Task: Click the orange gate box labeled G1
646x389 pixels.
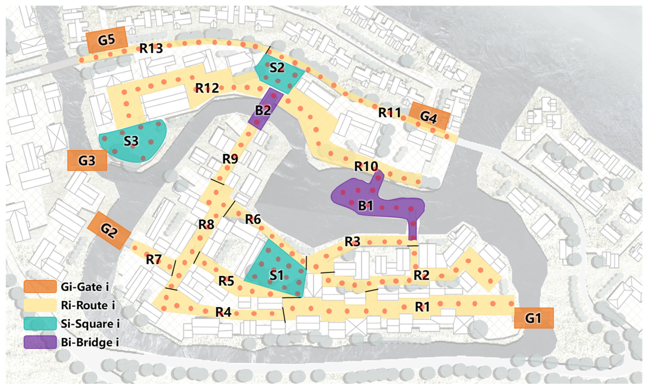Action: [x=534, y=318]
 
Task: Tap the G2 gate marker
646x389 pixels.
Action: [x=109, y=230]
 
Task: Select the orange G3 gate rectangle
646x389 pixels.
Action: [x=87, y=160]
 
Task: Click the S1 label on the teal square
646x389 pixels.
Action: [x=276, y=275]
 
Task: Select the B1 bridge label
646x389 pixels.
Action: [x=365, y=206]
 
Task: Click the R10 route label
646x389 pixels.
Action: [x=366, y=166]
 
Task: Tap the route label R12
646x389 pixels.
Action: [x=207, y=88]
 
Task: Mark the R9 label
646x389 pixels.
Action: [x=230, y=159]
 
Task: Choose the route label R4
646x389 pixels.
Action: [x=223, y=312]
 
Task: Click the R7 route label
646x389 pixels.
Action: [x=154, y=260]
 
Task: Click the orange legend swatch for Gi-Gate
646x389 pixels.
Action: [x=40, y=286]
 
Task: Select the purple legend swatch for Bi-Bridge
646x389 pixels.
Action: [x=40, y=342]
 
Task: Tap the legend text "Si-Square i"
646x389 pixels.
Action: [x=90, y=324]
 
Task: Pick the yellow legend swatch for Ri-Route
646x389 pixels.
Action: [x=40, y=305]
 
